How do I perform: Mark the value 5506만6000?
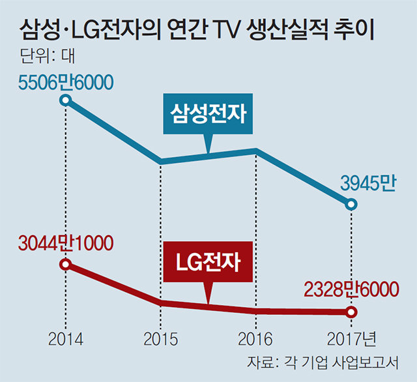[65, 83]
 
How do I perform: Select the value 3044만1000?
[65, 244]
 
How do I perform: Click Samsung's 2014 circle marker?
[65, 100]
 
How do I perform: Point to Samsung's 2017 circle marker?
[351, 205]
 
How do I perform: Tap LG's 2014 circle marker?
[65, 264]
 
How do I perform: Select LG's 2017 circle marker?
[351, 312]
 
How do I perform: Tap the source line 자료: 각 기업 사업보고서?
[323, 362]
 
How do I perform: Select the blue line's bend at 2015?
[160, 161]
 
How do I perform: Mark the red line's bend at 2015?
[160, 302]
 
